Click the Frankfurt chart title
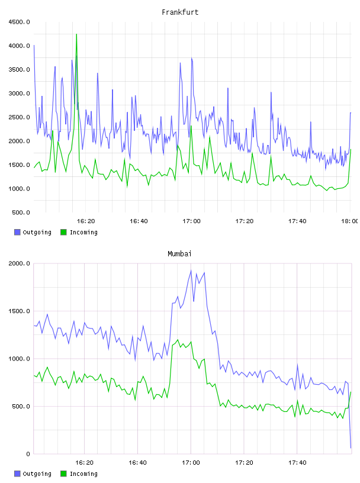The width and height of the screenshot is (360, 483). [180, 12]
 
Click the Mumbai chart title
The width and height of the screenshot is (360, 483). [179, 254]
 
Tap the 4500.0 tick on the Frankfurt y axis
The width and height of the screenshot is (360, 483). [19, 22]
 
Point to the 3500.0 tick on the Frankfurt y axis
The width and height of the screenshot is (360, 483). [19, 70]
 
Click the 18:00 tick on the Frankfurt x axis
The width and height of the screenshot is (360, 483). [349, 221]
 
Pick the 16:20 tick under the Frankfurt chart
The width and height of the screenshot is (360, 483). [86, 221]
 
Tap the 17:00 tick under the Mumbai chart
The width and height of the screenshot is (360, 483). [191, 463]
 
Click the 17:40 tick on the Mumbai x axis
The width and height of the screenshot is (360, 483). [297, 463]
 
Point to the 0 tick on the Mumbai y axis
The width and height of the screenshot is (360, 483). [28, 454]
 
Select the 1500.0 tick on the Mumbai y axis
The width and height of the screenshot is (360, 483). [19, 311]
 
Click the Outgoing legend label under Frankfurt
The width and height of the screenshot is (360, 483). [37, 232]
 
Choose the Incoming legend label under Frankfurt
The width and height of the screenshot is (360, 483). [83, 232]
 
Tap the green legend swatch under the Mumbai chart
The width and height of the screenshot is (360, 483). [63, 474]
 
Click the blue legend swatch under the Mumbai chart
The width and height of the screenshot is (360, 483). [17, 474]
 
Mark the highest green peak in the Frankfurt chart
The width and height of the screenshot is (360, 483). [76, 34]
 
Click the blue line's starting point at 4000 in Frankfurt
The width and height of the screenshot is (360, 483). [34, 46]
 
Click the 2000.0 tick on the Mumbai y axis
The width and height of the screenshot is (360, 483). [19, 263]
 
